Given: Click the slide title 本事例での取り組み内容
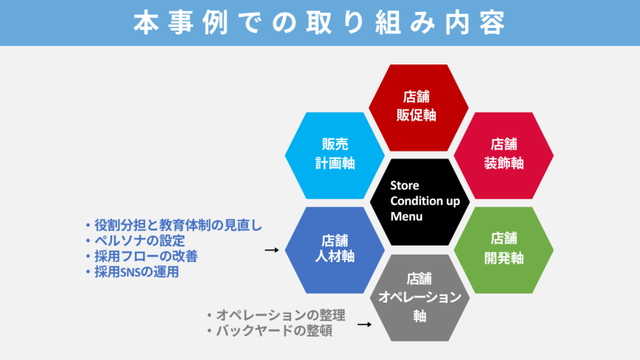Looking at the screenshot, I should click(319, 22).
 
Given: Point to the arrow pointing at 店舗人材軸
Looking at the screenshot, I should click(271, 250).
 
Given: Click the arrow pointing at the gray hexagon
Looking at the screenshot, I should click(364, 324).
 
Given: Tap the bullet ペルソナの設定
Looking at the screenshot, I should click(134, 241).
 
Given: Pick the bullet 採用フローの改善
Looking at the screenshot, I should click(141, 256).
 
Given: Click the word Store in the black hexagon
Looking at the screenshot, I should click(404, 186).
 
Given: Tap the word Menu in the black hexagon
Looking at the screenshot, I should click(406, 217).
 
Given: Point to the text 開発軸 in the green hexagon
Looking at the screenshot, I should click(503, 257).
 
